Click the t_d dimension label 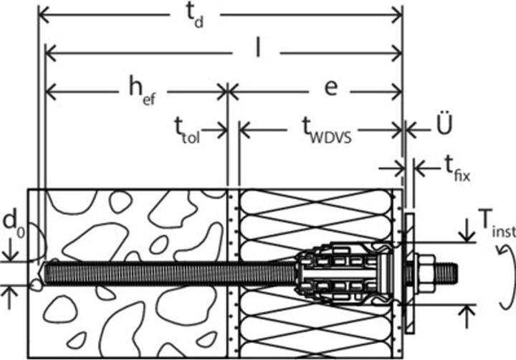tap(195, 16)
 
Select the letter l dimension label tap(259, 49)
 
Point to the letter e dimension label tap(330, 88)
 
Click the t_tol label tap(187, 131)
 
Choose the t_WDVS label tap(327, 131)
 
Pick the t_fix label tap(457, 169)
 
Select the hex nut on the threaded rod tap(426, 273)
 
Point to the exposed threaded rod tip tap(447, 273)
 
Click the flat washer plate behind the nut tap(410, 273)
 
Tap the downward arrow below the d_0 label tap(11, 250)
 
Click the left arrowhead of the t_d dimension tap(44, 15)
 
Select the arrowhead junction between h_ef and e tap(228, 92)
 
